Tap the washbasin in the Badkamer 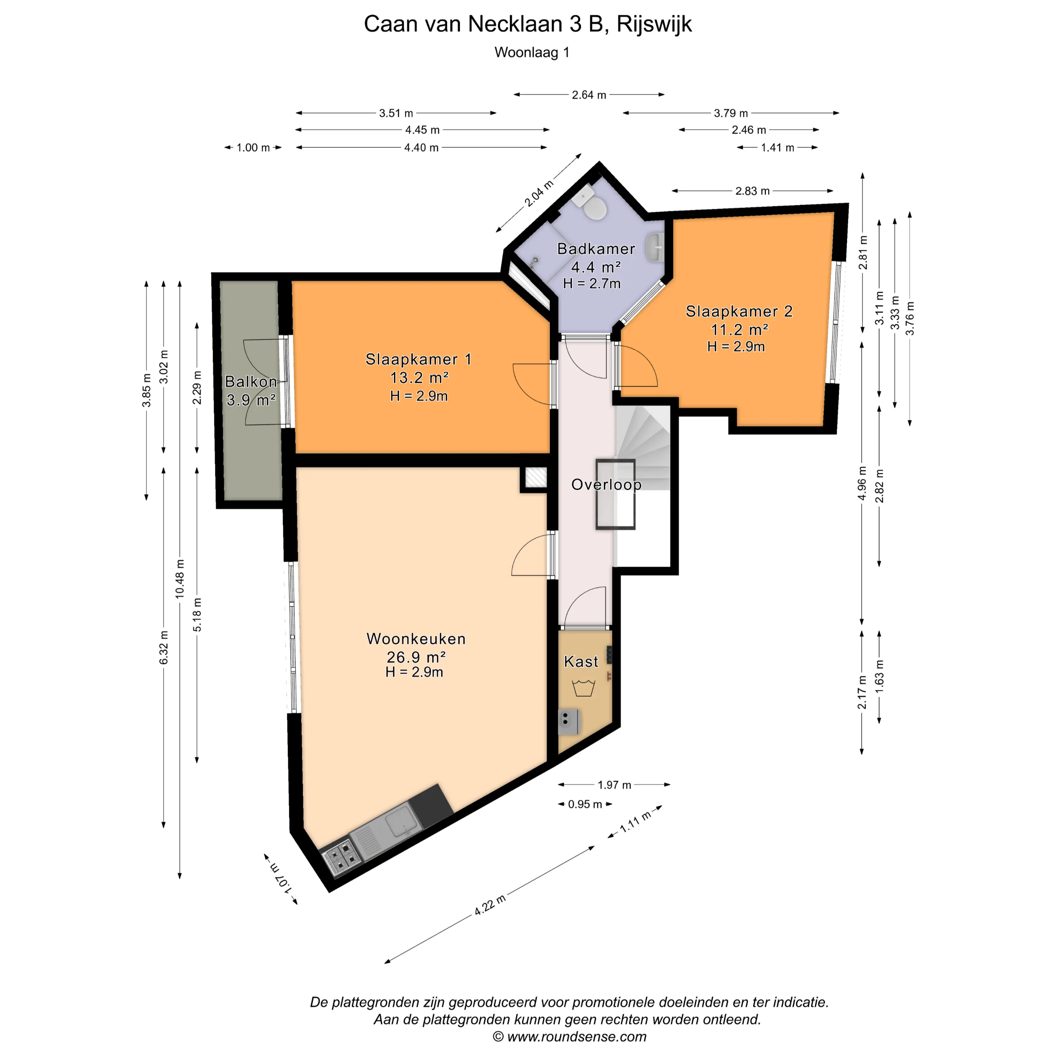pyautogui.click(x=655, y=247)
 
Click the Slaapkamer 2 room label pyautogui.click(x=739, y=311)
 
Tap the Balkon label pyautogui.click(x=251, y=382)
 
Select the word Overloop pyautogui.click(x=606, y=485)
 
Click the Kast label pyautogui.click(x=581, y=661)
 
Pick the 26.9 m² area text pyautogui.click(x=416, y=656)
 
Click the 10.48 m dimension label pyautogui.click(x=180, y=579)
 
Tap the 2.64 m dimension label pyautogui.click(x=589, y=95)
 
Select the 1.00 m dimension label pyautogui.click(x=253, y=147)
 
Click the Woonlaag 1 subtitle pyautogui.click(x=532, y=52)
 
